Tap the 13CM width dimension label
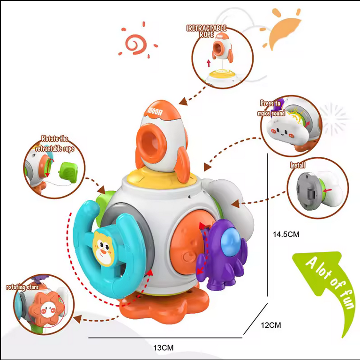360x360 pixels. tap(163, 347)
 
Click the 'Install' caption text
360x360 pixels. tap(297, 165)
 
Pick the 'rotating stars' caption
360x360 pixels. tap(22, 287)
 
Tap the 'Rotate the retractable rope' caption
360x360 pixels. tap(54, 144)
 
